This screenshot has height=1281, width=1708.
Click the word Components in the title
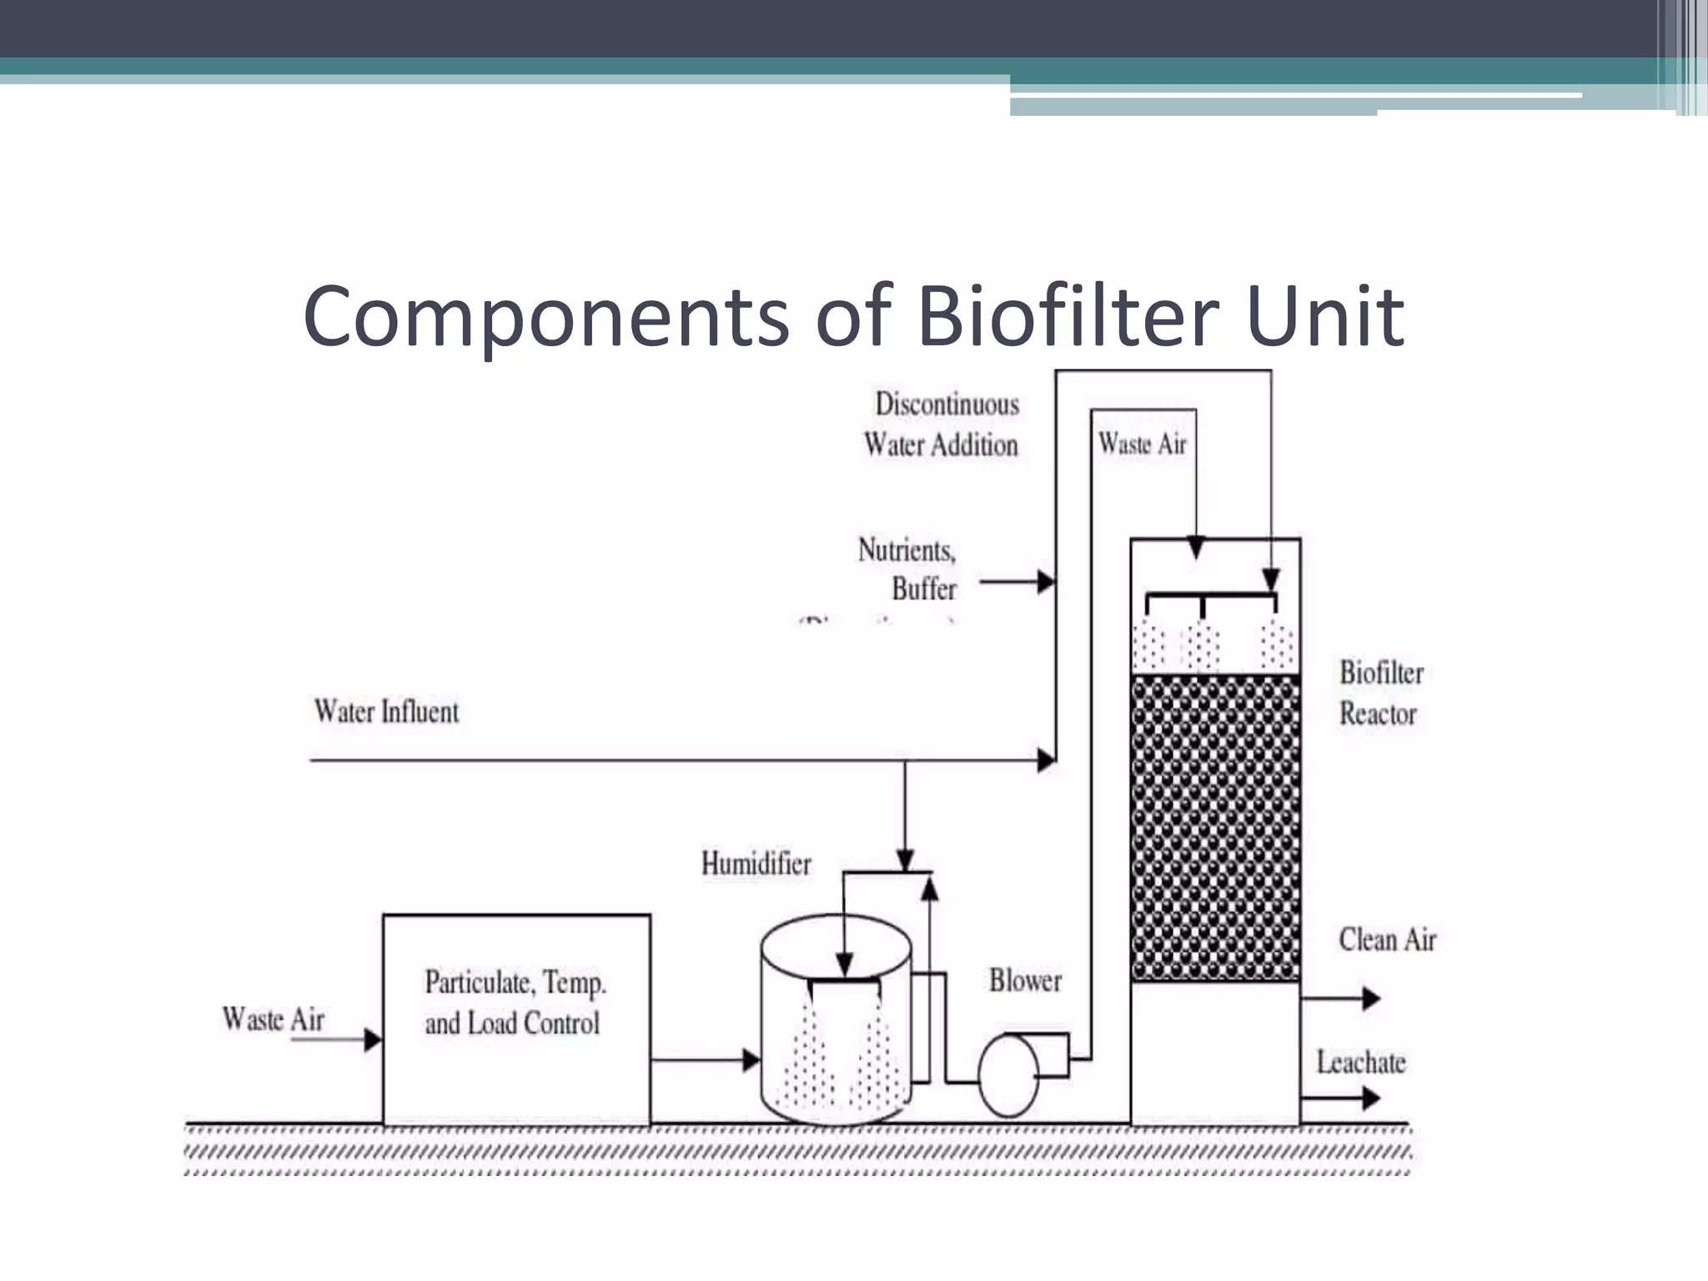(x=545, y=317)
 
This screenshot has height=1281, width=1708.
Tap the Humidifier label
(x=756, y=864)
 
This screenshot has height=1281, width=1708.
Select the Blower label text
(x=1025, y=981)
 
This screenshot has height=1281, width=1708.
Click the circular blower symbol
(x=1008, y=1076)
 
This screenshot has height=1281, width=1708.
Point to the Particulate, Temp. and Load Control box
(x=516, y=1019)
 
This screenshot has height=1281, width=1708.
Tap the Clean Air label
(x=1387, y=940)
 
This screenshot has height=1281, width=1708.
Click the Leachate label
(x=1361, y=1062)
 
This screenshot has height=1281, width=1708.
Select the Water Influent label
(x=386, y=711)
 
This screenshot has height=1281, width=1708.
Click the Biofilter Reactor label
(x=1380, y=693)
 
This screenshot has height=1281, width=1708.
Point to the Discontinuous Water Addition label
(x=942, y=424)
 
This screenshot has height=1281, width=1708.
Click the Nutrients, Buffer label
(x=908, y=570)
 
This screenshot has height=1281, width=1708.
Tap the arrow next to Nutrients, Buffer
(x=1017, y=581)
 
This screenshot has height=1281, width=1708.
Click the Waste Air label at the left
(x=273, y=1019)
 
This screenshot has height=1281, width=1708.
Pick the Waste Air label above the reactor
(x=1142, y=444)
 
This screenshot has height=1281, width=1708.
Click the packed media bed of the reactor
(x=1215, y=826)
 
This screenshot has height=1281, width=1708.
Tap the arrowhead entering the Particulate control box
(x=372, y=1039)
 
